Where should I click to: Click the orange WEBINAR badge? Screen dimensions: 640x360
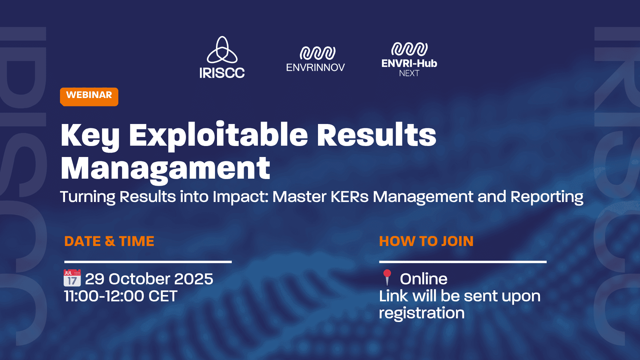point(89,97)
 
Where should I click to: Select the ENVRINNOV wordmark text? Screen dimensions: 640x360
point(315,68)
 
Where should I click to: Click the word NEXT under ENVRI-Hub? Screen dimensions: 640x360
point(409,73)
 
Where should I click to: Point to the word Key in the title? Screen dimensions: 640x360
point(90,136)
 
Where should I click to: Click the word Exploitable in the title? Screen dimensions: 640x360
point(218,136)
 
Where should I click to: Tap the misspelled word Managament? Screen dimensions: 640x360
point(165,169)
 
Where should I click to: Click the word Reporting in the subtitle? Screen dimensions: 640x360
point(547,197)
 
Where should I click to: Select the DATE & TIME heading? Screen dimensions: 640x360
point(109,241)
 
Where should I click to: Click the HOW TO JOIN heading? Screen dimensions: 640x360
point(426,241)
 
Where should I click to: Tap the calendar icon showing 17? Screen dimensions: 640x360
point(72,278)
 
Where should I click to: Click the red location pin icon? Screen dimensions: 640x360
point(387,277)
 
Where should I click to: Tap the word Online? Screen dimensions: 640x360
point(424,279)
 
